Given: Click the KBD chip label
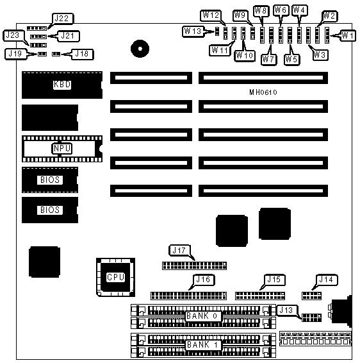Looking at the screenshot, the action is click(x=62, y=84).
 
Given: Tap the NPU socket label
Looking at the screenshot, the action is click(x=61, y=148).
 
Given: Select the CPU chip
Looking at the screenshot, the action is click(x=115, y=277).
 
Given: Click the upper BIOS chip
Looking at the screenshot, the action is click(x=50, y=180).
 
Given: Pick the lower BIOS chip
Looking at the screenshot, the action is click(x=50, y=210).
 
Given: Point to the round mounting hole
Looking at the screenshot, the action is click(x=140, y=49).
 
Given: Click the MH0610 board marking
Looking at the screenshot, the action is click(x=263, y=92).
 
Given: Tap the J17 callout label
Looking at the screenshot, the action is click(x=179, y=250).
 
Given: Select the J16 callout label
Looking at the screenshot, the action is click(x=204, y=280).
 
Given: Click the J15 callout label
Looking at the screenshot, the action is click(x=274, y=280).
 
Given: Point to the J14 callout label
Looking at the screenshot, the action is click(x=327, y=280).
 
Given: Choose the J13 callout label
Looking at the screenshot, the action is click(x=287, y=310).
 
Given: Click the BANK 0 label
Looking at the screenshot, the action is click(x=202, y=316).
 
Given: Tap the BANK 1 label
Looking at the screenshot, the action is click(x=203, y=345).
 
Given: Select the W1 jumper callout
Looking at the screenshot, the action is click(x=348, y=36).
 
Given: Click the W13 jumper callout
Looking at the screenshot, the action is click(x=193, y=31).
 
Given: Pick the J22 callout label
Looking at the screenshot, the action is click(x=62, y=19).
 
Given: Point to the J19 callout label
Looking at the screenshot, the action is click(x=15, y=54).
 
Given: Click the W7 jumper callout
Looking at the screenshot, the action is click(x=268, y=60).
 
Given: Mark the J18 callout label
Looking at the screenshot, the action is click(x=82, y=54).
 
